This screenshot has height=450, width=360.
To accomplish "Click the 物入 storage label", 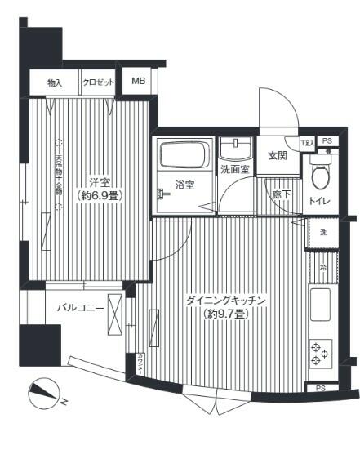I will point(54,82).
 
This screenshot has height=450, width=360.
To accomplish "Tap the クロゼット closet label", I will point(97,82).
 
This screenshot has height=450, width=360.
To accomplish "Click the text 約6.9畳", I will point(100,196).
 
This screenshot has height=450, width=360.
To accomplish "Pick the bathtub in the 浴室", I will point(184,156).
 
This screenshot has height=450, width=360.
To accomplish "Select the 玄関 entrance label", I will point(277,156).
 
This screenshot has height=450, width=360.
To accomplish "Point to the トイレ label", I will point(320,200).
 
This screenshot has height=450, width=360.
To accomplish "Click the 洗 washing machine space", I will point(322,233).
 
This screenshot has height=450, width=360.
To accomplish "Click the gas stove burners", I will point(321,354).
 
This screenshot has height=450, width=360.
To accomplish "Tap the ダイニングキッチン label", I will point(227,301).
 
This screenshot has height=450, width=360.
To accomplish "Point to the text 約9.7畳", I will point(227,314).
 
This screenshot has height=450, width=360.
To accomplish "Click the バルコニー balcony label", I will point(80,309).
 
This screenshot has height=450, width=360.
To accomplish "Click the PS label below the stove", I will point(321,388).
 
